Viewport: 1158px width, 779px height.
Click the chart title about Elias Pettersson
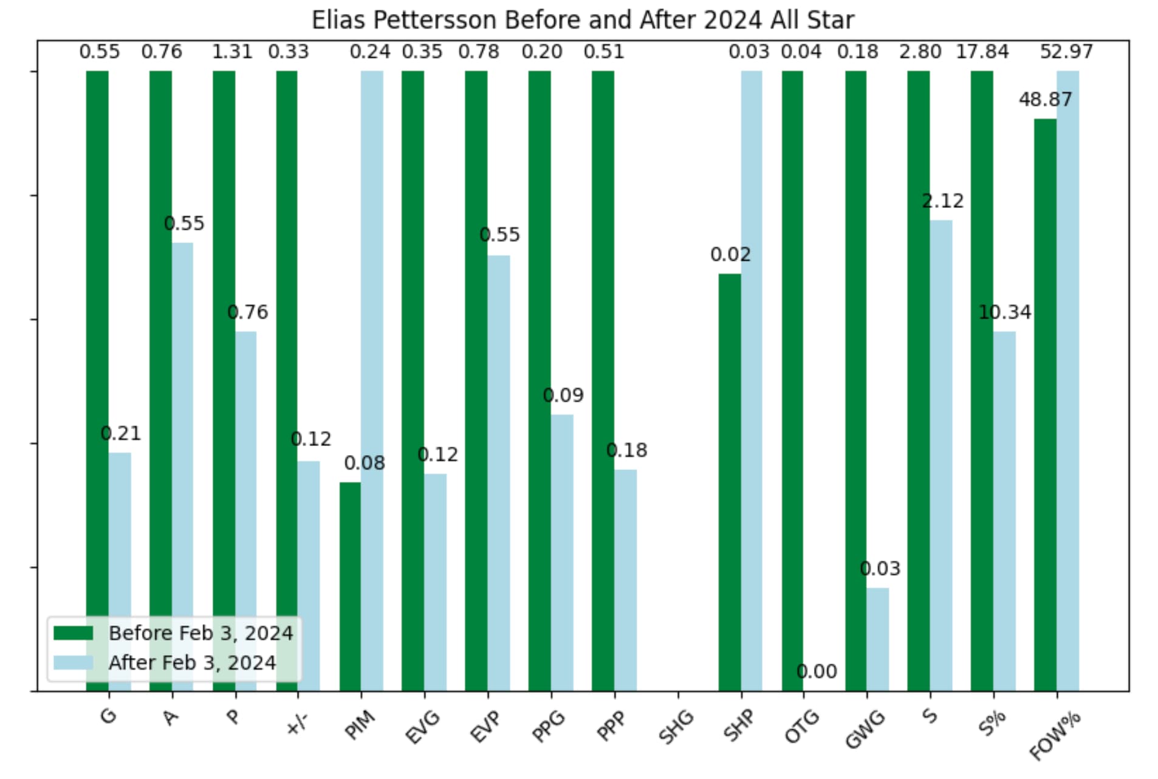[582, 20]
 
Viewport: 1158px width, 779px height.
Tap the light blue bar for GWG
[877, 639]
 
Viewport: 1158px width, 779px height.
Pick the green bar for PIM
[350, 586]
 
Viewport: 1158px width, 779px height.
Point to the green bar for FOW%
[1044, 404]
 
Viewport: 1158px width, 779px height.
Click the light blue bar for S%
[1004, 510]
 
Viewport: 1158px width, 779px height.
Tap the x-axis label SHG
[676, 726]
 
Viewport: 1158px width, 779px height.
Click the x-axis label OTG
[801, 726]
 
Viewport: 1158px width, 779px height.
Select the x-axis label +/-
[296, 723]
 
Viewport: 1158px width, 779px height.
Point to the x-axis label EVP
[485, 726]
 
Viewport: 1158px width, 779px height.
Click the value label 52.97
[1066, 52]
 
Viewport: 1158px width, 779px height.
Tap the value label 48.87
[1044, 99]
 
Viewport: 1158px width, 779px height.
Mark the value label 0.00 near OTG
[816, 671]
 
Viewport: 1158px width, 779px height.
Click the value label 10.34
[1004, 312]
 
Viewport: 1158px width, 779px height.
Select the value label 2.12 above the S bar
[942, 201]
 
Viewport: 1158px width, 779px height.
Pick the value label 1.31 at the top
[231, 52]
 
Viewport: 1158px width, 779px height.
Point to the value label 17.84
[982, 52]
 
